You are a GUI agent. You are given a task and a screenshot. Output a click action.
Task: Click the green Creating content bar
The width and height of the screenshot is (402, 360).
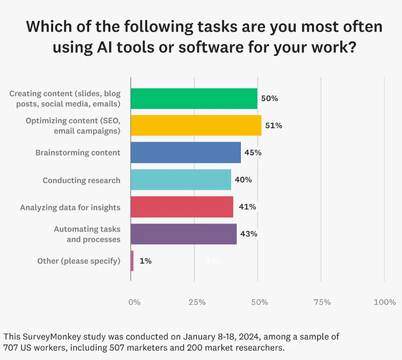[x=194, y=98]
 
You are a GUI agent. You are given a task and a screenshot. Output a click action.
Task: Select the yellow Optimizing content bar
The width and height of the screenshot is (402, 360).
[x=196, y=125]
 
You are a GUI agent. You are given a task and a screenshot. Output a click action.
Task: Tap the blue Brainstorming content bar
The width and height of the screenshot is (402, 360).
[x=186, y=152]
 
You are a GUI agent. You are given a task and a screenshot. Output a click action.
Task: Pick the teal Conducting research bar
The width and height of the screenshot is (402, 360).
[x=181, y=179]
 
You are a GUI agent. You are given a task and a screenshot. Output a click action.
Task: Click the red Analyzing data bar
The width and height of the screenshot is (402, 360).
[x=182, y=207]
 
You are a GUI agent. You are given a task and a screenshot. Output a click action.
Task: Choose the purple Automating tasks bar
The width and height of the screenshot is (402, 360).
[x=184, y=234]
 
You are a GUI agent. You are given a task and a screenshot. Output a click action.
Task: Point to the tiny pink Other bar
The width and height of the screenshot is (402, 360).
[x=132, y=261]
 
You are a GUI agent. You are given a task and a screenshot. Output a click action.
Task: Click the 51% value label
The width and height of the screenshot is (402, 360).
[x=274, y=125]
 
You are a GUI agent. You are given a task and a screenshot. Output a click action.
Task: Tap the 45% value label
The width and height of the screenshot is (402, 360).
[x=253, y=152]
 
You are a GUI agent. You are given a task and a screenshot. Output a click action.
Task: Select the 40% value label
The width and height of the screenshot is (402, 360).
[x=243, y=179]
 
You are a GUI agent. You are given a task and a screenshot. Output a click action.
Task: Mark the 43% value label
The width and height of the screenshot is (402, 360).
[x=249, y=234]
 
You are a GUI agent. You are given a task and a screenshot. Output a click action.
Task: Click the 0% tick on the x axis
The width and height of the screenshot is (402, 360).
[x=134, y=302]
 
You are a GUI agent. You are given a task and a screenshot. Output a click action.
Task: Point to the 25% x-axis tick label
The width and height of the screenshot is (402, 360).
[x=197, y=302]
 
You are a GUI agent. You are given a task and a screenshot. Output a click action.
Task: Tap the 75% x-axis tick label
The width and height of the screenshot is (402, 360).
[x=322, y=302]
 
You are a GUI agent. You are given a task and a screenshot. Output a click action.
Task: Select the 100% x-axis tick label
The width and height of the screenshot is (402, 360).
[x=385, y=302]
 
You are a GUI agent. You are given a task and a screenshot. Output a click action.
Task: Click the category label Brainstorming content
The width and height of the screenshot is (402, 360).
[x=78, y=152]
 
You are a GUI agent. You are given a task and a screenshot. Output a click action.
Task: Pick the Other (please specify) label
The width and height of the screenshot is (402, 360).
[x=79, y=261]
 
